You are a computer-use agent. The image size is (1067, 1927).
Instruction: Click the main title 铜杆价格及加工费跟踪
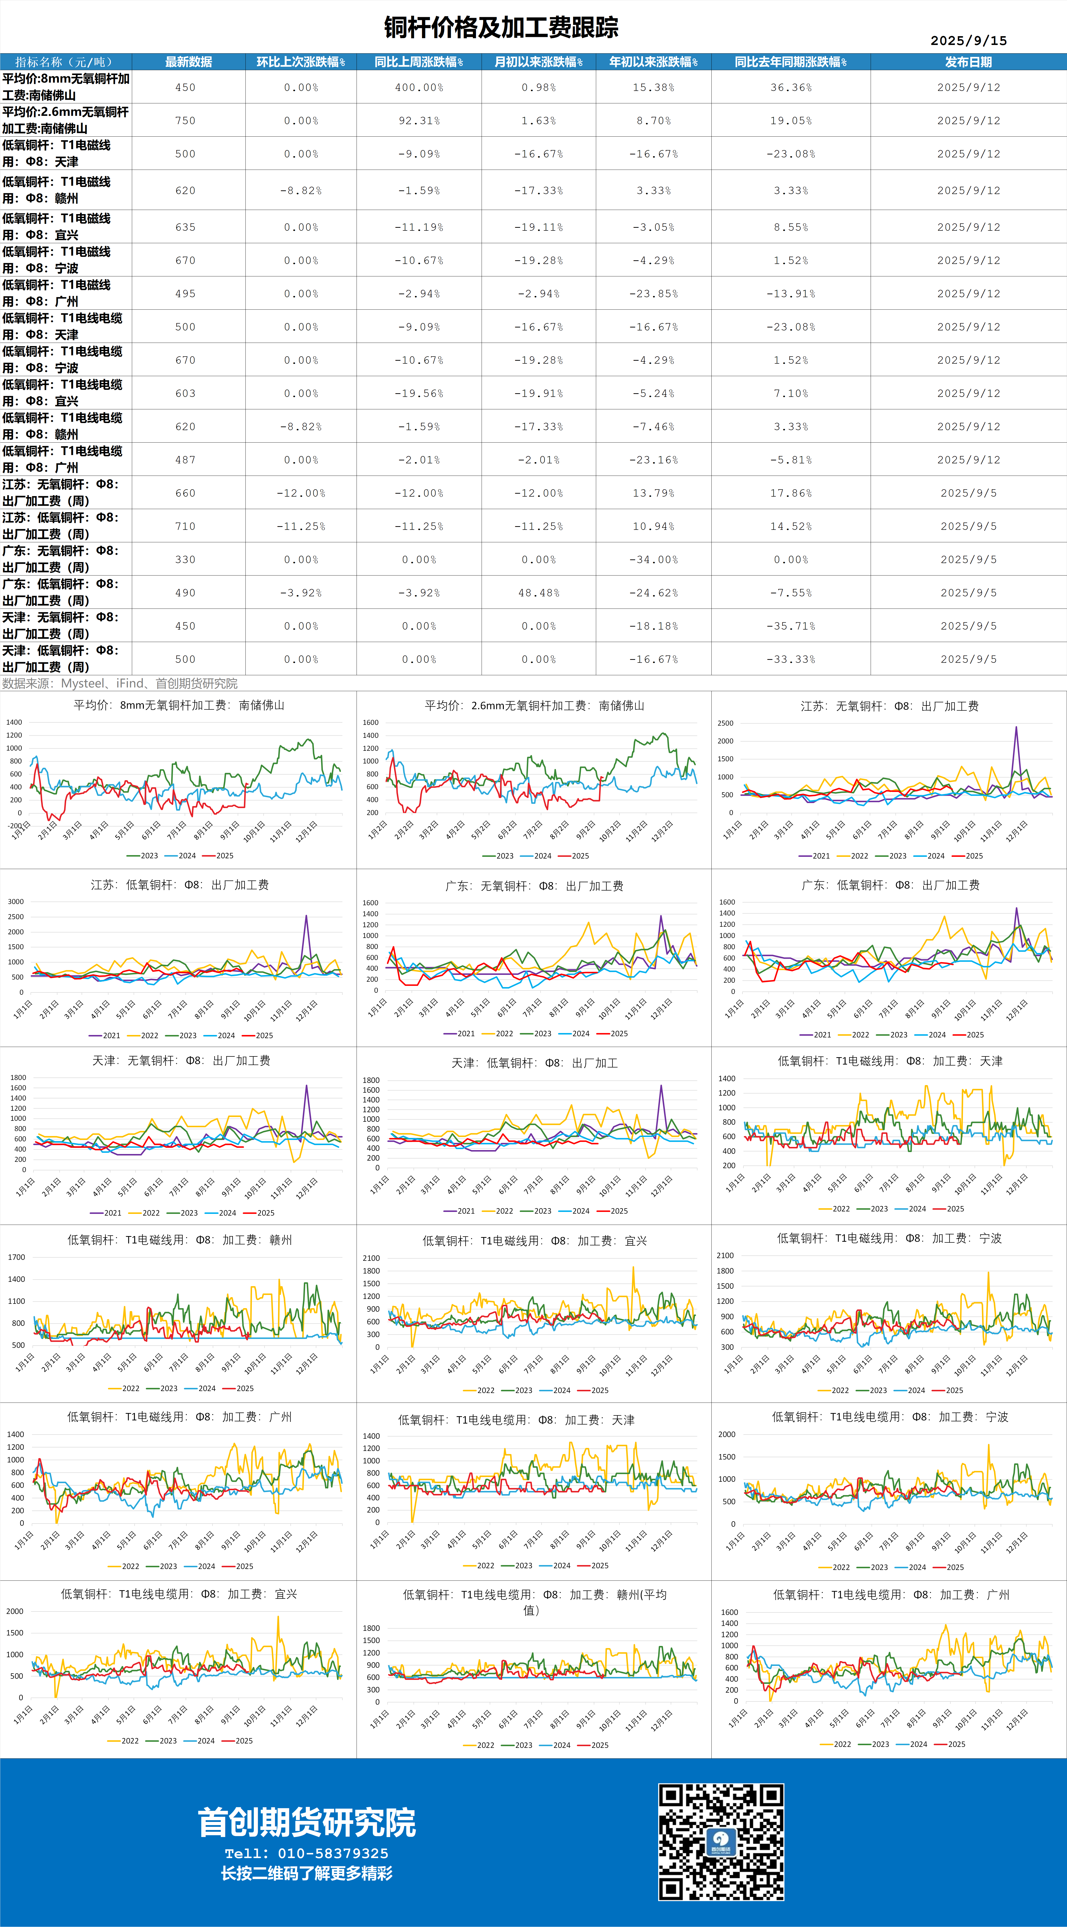coord(501,28)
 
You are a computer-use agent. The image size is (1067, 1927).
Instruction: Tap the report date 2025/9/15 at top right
coord(968,40)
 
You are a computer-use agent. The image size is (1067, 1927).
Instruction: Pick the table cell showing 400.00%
coord(419,87)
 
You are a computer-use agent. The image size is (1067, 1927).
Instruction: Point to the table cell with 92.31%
coord(419,120)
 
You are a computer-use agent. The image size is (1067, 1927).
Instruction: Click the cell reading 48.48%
coord(538,592)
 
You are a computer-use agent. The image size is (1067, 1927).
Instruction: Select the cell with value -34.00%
coord(654,560)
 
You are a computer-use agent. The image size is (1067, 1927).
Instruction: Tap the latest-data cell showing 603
coord(185,393)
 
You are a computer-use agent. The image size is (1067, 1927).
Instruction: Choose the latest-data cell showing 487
coord(185,460)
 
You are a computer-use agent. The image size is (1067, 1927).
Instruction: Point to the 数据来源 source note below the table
coord(120,683)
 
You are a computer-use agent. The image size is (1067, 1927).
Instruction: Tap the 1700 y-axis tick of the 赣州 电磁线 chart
coord(16,1257)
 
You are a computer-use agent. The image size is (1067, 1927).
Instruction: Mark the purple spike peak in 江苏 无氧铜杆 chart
coord(1015,727)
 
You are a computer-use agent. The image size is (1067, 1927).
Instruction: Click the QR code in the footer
coord(721,1842)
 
